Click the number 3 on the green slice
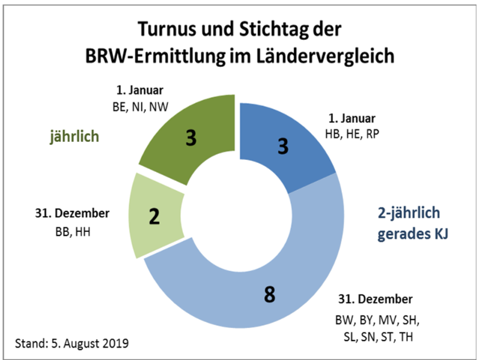[x=191, y=137]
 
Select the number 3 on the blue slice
[x=282, y=145]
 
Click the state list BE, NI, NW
[x=139, y=106]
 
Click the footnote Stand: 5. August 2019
[x=72, y=344]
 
